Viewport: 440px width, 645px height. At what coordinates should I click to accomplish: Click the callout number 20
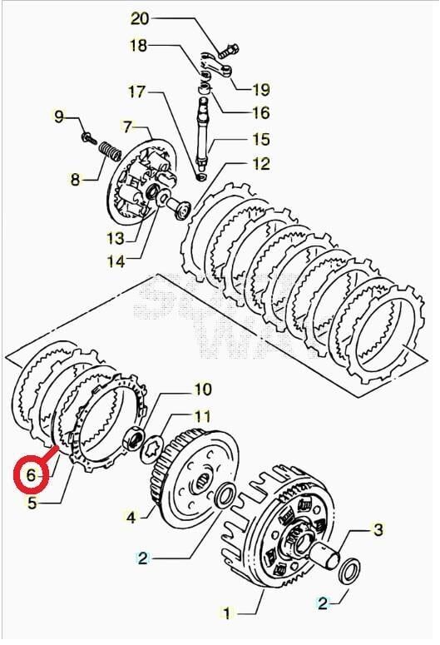click(139, 18)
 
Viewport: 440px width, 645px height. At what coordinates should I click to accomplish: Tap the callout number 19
click(260, 87)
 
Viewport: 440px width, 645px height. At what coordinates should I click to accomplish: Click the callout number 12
click(261, 163)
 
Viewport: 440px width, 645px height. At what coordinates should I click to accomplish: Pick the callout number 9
click(58, 117)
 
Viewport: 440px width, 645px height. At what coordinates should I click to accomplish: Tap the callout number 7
click(127, 127)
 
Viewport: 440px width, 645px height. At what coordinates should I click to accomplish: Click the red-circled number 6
click(32, 475)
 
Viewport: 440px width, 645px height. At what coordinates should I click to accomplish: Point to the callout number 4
click(131, 518)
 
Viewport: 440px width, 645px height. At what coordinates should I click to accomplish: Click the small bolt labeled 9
click(87, 136)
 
